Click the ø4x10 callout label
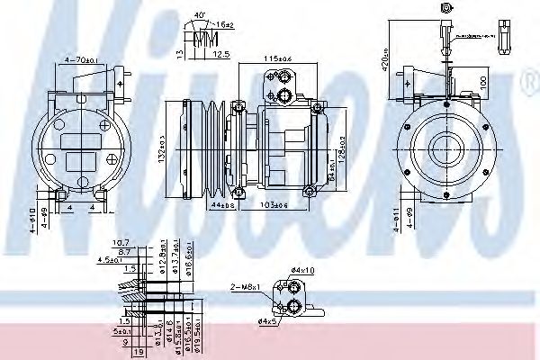(303, 271)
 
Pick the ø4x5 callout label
(266, 321)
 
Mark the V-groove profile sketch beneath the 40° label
(205, 38)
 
